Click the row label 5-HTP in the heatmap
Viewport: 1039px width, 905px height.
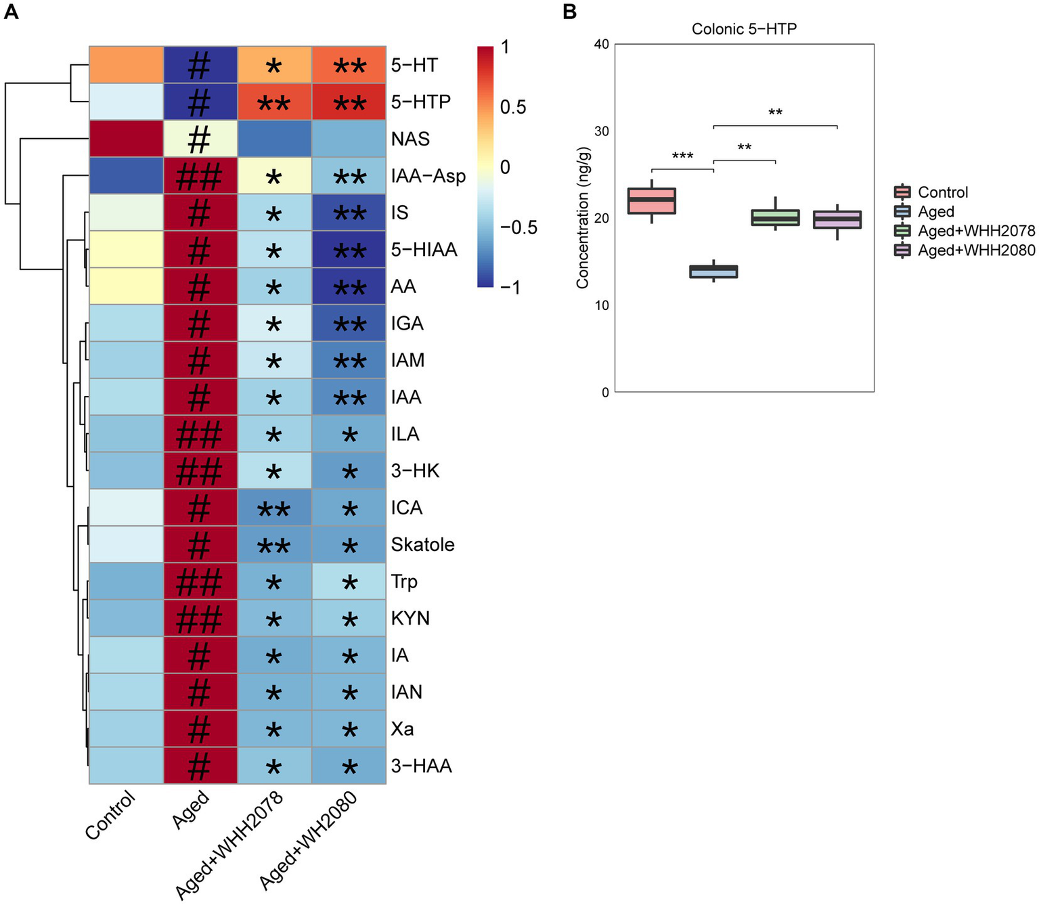(x=420, y=102)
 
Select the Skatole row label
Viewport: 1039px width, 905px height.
(x=422, y=545)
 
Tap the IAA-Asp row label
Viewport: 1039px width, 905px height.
(x=428, y=176)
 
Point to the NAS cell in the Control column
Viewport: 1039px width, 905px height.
(x=127, y=139)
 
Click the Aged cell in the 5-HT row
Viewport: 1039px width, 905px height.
(x=200, y=65)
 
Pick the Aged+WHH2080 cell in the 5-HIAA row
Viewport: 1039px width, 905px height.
(x=349, y=250)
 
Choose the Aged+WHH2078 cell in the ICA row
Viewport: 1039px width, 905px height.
(x=274, y=508)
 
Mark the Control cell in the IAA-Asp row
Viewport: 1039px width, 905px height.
(x=127, y=176)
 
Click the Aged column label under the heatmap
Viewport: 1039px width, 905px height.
(x=191, y=810)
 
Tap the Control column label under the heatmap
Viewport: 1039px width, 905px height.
(x=110, y=815)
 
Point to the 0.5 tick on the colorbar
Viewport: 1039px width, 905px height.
(x=513, y=107)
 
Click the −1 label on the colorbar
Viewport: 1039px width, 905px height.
(x=510, y=288)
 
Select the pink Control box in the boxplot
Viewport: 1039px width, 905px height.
(x=652, y=200)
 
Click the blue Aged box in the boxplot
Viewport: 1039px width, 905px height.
(x=713, y=271)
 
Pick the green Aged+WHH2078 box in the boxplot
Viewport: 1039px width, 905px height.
(x=775, y=217)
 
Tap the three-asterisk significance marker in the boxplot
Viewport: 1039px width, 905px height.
(x=682, y=156)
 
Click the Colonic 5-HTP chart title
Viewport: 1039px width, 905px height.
(x=744, y=29)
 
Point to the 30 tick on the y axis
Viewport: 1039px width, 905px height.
(x=602, y=131)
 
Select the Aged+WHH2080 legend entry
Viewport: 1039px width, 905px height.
(x=976, y=250)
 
